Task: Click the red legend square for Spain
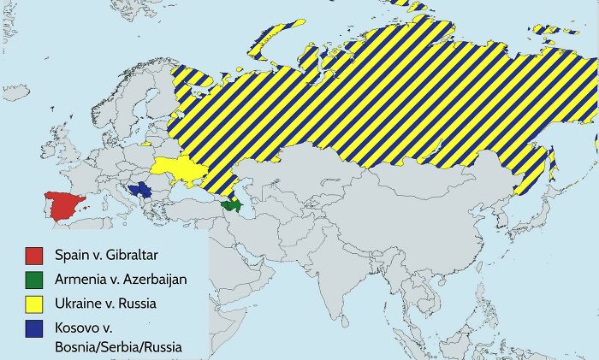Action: pyautogui.click(x=34, y=255)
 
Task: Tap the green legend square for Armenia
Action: pyautogui.click(x=34, y=279)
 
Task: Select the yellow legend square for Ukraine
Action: pyautogui.click(x=34, y=303)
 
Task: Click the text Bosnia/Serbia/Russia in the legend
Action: pyautogui.click(x=118, y=346)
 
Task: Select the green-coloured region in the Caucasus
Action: pyautogui.click(x=231, y=206)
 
